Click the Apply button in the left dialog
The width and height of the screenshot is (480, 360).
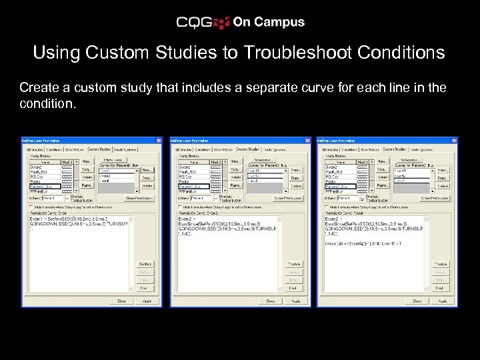point(147,301)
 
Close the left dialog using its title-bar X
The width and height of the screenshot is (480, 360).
point(159,141)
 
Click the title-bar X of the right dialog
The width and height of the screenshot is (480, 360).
point(455,141)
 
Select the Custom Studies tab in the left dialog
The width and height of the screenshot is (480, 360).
point(98,149)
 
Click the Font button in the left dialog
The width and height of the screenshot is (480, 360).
point(143,289)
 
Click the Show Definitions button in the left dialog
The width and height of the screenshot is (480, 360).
point(139,198)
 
